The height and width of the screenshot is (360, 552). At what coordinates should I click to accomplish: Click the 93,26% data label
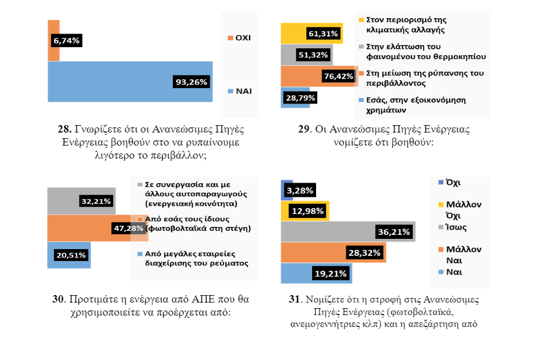pyautogui.click(x=190, y=81)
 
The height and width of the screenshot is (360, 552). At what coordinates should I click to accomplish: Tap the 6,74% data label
pyautogui.click(x=67, y=40)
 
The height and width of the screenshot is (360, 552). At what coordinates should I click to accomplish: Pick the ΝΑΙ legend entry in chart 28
pyautogui.click(x=240, y=91)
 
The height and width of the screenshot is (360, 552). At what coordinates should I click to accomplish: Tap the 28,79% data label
pyautogui.click(x=301, y=98)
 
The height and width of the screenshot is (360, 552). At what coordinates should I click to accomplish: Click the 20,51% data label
pyautogui.click(x=71, y=255)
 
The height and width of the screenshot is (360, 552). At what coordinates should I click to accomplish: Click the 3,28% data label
pyautogui.click(x=298, y=190)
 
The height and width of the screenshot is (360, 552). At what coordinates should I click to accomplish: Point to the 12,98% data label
pyautogui.click(x=308, y=212)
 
